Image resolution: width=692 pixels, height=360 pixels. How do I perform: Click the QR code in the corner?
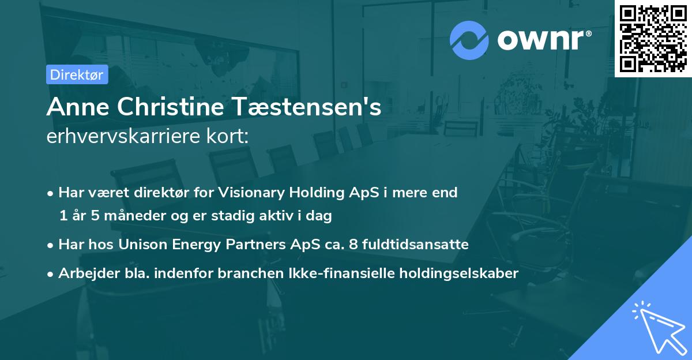pos(653,39)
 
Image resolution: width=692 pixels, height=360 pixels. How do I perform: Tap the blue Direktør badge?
pos(77,74)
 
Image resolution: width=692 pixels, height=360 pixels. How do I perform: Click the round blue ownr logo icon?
pos(469,40)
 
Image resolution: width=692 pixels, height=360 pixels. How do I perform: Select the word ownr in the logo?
pos(542,40)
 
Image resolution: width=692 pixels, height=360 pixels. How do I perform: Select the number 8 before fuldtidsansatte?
pos(355,245)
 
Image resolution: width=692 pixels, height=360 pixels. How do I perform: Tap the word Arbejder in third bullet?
pos(85,273)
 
